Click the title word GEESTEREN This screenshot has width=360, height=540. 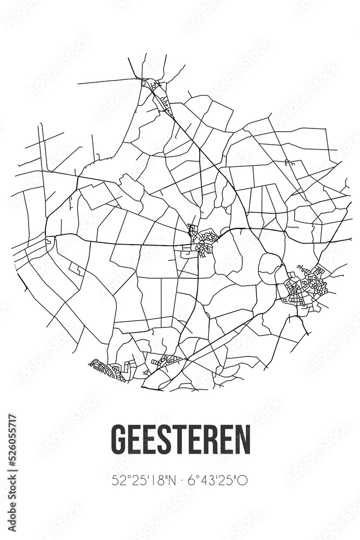(x=180, y=440)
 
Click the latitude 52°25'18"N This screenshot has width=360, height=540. (x=139, y=479)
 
